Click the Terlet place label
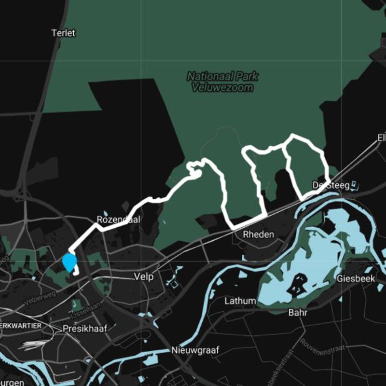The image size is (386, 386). coord(63,33)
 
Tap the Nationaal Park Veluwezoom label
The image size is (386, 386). coord(222,82)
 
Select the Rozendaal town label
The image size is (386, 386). coord(118,220)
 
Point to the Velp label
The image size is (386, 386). coord(144,277)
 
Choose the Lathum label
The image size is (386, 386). coord(240,301)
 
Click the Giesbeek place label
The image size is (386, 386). coord(356,279)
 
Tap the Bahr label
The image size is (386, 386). coord(298,312)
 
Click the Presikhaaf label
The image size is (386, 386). coord(84,329)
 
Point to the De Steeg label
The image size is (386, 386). coord(327,185)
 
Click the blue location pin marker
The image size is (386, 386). coord(69,262)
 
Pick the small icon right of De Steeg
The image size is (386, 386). coord(355,184)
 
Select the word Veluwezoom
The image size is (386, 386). coord(222,88)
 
